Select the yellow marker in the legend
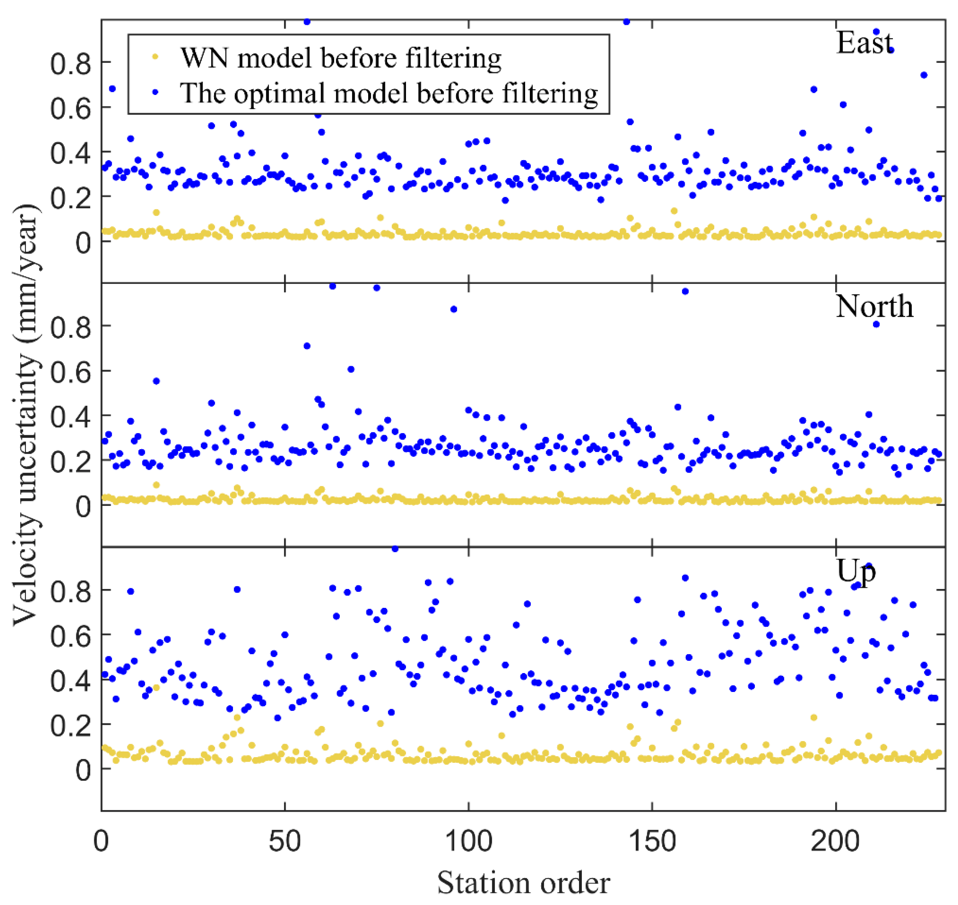pyautogui.click(x=155, y=57)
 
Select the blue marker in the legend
pyautogui.click(x=155, y=92)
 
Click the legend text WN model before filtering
pyautogui.click(x=340, y=58)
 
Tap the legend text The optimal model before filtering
pyautogui.click(x=389, y=92)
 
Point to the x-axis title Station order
pyautogui.click(x=523, y=883)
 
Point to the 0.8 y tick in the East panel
pyautogui.click(x=70, y=63)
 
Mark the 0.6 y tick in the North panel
pyautogui.click(x=70, y=371)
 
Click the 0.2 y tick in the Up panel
pyautogui.click(x=70, y=725)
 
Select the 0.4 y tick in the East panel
pyautogui.click(x=70, y=152)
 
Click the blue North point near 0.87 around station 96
pyautogui.click(x=454, y=309)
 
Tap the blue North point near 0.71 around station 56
pyautogui.click(x=307, y=346)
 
